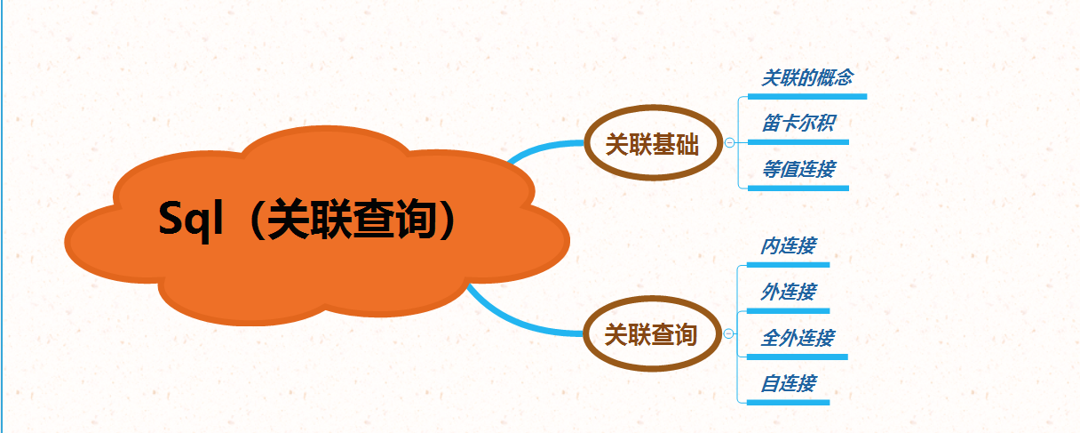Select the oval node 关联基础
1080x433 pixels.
[x=651, y=145]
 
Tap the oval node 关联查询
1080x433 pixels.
[x=651, y=335]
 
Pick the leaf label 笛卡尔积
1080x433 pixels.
[x=798, y=123]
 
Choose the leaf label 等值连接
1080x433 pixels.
[x=798, y=169]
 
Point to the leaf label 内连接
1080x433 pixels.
[x=788, y=245]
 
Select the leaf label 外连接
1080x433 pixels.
[x=788, y=292]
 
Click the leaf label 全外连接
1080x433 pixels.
[x=797, y=338]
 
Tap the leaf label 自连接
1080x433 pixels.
[x=788, y=384]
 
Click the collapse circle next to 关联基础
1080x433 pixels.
[x=729, y=142]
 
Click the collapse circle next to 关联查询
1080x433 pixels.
[x=729, y=333]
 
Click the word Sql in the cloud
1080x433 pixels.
[x=188, y=219]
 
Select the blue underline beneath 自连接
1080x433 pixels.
[x=788, y=403]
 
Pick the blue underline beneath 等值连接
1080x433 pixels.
[x=798, y=188]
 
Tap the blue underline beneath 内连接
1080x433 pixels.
[x=788, y=264]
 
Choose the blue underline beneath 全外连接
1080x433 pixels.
[x=797, y=357]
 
